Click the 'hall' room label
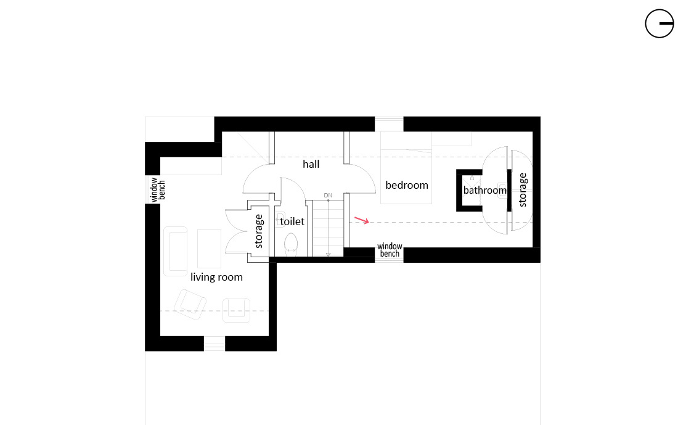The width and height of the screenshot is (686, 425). pyautogui.click(x=311, y=164)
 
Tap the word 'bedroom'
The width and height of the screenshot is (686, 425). pyautogui.click(x=407, y=185)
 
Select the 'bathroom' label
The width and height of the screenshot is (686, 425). pyautogui.click(x=484, y=190)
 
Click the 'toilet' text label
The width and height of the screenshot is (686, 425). pyautogui.click(x=292, y=221)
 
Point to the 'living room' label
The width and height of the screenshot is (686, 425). pyautogui.click(x=216, y=277)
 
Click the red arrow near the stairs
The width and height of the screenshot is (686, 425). pyautogui.click(x=362, y=220)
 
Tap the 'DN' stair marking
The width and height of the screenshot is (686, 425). pyautogui.click(x=328, y=195)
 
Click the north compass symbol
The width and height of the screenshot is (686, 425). pyautogui.click(x=659, y=23)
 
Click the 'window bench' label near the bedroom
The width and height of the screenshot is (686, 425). pyautogui.click(x=390, y=250)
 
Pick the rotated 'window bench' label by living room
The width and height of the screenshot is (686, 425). pyautogui.click(x=158, y=190)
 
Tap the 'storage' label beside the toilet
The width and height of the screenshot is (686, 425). pyautogui.click(x=259, y=231)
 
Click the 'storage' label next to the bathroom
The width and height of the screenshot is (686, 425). pyautogui.click(x=523, y=189)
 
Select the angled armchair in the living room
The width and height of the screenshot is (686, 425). pyautogui.click(x=190, y=304)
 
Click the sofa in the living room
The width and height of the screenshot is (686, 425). pyautogui.click(x=176, y=251)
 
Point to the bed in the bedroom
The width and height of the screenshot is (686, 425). pyautogui.click(x=406, y=167)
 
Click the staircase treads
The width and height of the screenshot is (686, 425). pyautogui.click(x=328, y=228)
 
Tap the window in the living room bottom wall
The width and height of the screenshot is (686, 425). pyautogui.click(x=214, y=343)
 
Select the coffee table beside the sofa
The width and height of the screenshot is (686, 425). pyautogui.click(x=209, y=249)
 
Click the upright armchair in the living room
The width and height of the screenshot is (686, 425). pyautogui.click(x=236, y=310)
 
